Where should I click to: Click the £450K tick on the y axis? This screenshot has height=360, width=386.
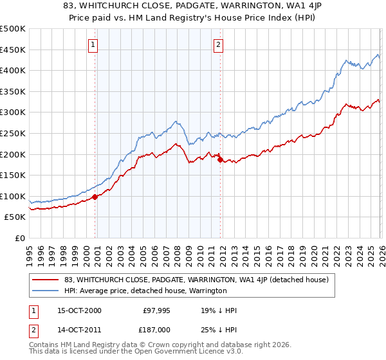[x=13, y=50]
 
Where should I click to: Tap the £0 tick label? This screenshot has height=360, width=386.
[x=20, y=238]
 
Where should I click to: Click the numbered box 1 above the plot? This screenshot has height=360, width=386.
[x=93, y=44]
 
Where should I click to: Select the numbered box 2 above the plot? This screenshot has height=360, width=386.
[x=218, y=44]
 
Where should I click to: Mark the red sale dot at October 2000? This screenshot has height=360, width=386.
[x=95, y=197]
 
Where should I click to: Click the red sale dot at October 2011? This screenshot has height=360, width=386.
[x=220, y=159]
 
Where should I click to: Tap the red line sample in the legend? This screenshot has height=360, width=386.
[x=46, y=280]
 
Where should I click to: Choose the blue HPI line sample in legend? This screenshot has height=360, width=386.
[x=46, y=291]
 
